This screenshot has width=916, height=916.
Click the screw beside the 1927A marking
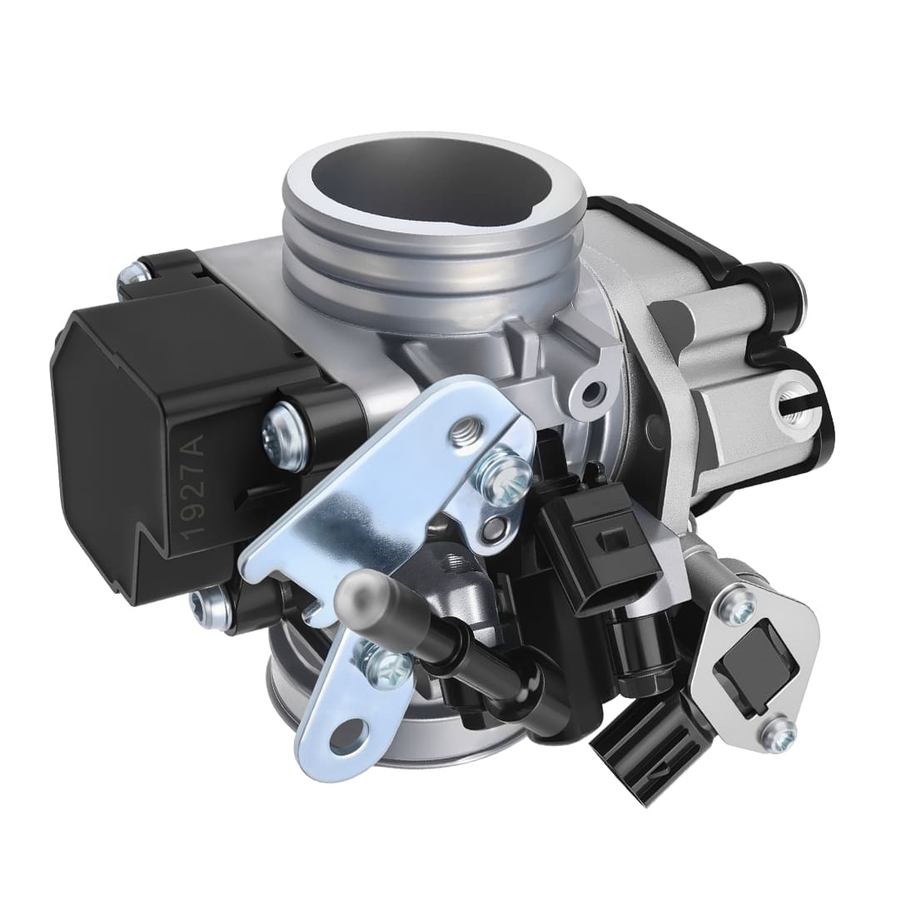277,431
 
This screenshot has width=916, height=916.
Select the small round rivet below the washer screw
497,525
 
